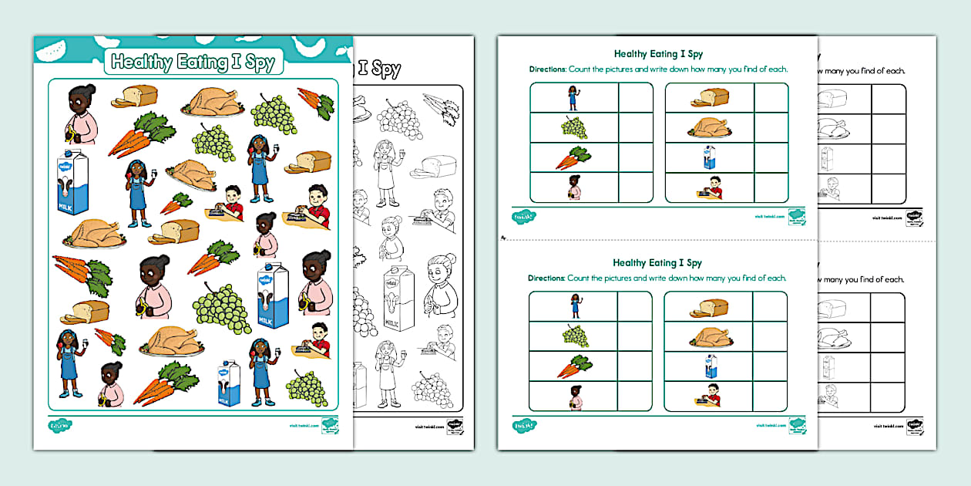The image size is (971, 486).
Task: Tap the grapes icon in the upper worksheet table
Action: (573, 127)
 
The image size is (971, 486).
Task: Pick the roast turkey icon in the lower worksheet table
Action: (708, 337)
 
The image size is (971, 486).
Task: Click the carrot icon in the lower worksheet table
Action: (573, 366)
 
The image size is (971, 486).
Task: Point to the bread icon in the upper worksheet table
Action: (709, 97)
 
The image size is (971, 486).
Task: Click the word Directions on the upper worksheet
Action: (547, 69)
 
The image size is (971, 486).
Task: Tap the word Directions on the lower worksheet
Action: (547, 278)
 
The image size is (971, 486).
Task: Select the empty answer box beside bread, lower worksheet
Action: (771, 307)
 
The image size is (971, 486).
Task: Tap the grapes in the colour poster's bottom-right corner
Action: (307, 387)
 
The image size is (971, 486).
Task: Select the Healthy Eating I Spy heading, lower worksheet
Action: (657, 263)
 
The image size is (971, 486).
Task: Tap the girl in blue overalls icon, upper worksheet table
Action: (573, 97)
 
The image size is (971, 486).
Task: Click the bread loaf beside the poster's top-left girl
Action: (136, 96)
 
